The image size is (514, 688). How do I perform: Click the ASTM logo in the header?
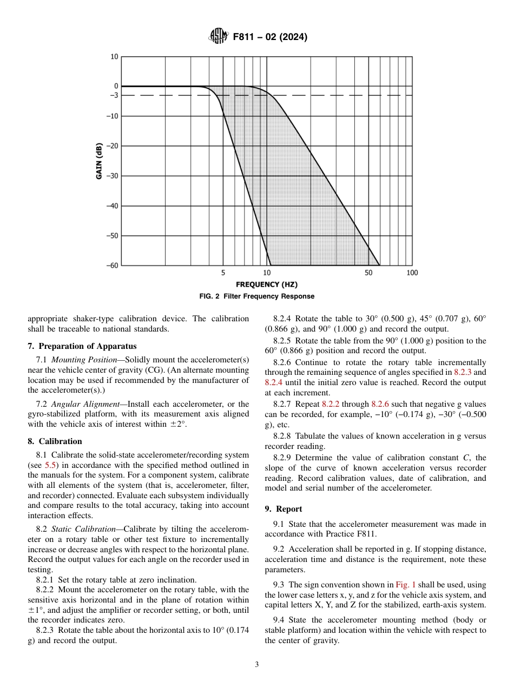pos(218,37)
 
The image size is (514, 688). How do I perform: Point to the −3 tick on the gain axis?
pos(114,96)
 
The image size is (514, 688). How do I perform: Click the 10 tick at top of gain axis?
pos(114,57)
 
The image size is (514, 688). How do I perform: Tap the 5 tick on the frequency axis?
pos(223,273)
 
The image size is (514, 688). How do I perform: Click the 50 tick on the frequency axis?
pos(368,273)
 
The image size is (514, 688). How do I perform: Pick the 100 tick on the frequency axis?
pos(412,273)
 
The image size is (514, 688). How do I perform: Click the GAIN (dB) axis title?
pos(99,161)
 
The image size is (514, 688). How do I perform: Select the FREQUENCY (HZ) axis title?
pos(266,285)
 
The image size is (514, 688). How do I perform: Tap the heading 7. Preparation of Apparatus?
pos(82,346)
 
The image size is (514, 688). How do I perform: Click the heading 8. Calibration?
pos(55,441)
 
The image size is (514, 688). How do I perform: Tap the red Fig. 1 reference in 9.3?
pos(404,585)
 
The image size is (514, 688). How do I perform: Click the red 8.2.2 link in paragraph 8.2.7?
pos(332,404)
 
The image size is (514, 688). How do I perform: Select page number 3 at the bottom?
pos(257,665)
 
